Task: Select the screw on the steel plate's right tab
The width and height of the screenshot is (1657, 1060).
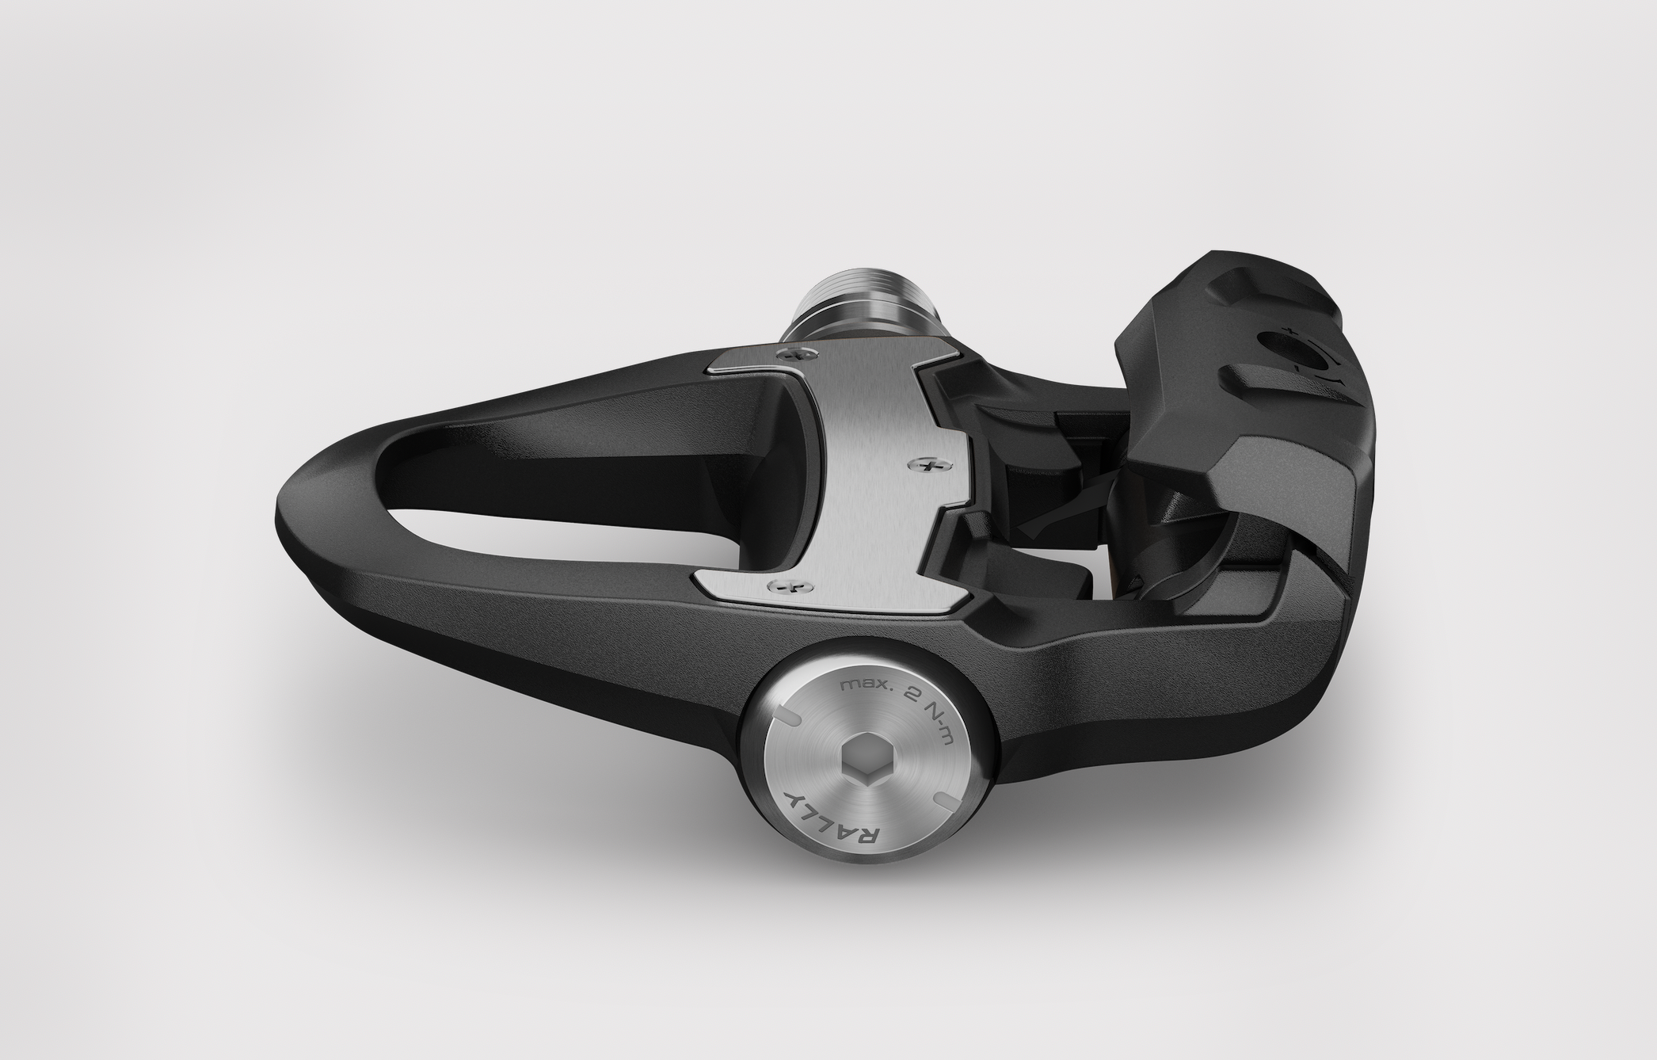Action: click(925, 463)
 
